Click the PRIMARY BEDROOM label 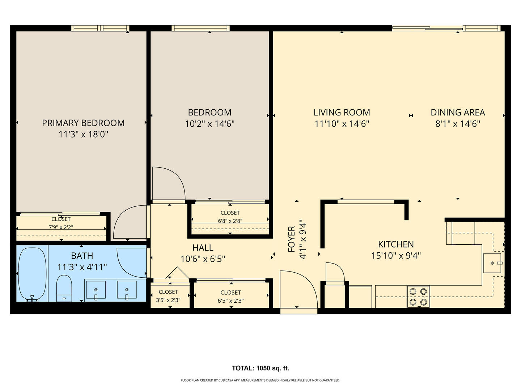tap(83, 123)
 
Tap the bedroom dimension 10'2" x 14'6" tap(209, 124)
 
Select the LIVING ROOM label tap(342, 113)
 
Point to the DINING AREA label tap(457, 113)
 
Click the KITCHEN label tap(396, 244)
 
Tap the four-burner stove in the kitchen tap(418, 297)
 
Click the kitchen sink tap(492, 263)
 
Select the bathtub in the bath tap(33, 274)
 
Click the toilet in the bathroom tap(64, 288)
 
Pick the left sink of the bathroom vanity tap(96, 290)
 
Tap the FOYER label tap(292, 239)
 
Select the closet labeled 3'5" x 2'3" tap(168, 296)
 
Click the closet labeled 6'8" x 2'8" tap(230, 217)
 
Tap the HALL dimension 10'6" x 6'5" tap(203, 259)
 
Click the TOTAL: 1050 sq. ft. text tap(260, 368)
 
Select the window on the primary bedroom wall tap(100, 28)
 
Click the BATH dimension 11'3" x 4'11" tap(82, 267)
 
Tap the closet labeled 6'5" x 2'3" tap(230, 297)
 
